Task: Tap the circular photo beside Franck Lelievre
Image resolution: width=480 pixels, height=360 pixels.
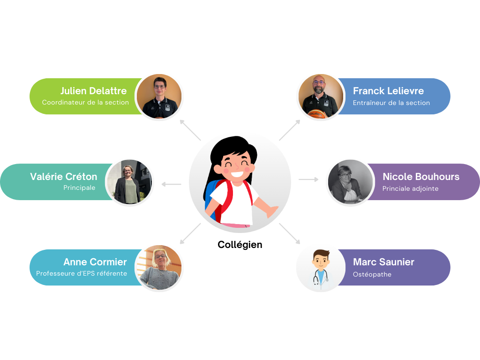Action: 320,96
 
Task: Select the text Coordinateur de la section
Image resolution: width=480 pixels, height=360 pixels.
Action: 85,102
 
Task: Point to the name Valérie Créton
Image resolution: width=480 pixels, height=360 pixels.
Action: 64,177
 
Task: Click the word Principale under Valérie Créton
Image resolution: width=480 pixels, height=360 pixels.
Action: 79,188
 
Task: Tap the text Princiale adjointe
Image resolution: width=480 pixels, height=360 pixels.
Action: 411,188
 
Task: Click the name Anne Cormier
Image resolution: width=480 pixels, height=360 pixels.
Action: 95,262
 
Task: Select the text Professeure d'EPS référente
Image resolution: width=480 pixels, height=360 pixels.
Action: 82,273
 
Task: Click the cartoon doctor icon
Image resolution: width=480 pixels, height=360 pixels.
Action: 321,268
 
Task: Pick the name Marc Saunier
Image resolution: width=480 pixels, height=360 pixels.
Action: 383,262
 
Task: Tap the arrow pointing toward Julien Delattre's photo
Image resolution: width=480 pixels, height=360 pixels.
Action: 190,130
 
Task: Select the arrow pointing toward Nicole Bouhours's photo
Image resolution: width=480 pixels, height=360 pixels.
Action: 308,179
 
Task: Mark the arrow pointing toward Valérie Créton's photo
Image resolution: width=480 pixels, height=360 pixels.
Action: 171,184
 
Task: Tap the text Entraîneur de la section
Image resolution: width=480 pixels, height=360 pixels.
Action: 391,103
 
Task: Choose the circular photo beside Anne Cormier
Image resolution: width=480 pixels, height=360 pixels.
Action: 159,268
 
